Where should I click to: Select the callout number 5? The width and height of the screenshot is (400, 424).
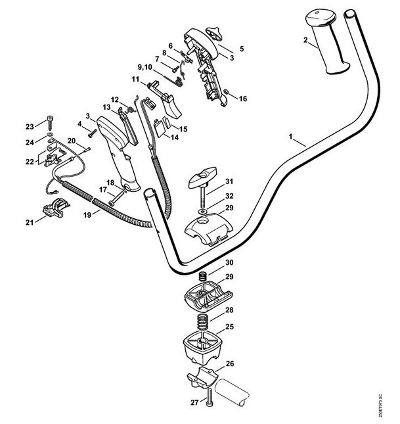coord(241,49)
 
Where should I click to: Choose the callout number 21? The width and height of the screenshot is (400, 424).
coord(29,222)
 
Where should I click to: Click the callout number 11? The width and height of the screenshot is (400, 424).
coord(135,80)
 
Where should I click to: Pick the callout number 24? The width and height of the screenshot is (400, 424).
coord(30,142)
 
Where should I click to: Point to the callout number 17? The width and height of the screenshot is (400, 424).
coord(103,189)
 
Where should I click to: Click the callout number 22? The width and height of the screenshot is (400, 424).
coord(29,162)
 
